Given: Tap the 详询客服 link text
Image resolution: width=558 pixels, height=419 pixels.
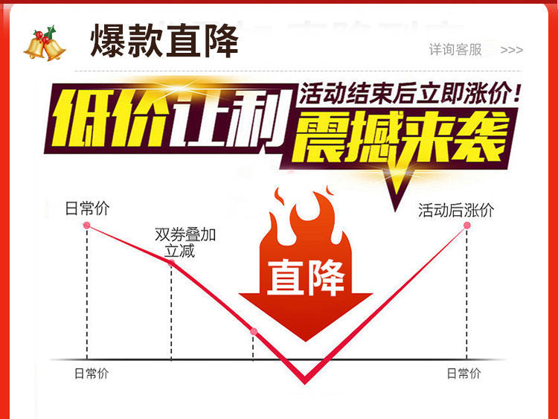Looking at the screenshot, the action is point(455,50).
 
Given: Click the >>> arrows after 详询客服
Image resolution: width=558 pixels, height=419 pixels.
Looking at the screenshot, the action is point(511,50).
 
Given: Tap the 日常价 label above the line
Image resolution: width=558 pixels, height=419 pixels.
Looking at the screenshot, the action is point(87,208).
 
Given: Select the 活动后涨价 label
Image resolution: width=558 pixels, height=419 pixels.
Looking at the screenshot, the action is point(456,210).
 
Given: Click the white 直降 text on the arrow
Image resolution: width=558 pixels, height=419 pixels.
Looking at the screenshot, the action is point(306,278).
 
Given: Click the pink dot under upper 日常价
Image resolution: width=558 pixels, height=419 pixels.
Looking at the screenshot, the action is point(87,225).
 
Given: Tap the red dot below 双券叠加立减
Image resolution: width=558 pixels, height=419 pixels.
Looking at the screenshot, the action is point(172,262).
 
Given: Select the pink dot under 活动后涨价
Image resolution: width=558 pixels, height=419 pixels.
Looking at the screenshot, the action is point(467,225).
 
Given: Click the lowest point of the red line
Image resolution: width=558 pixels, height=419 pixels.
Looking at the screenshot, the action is point(304,382).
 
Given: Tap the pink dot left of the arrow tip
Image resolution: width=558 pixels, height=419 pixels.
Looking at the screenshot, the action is point(254,331).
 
